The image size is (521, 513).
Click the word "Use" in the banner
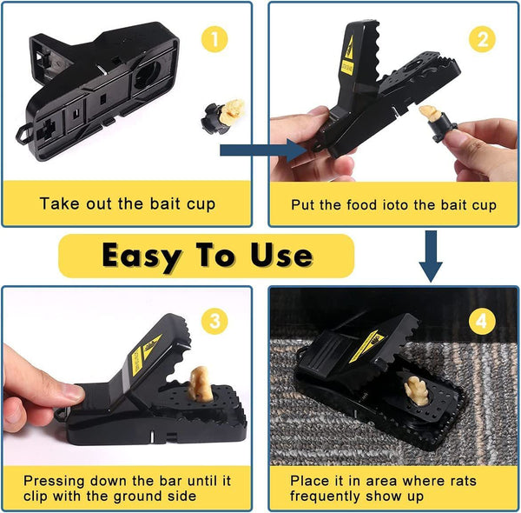[x=279, y=256]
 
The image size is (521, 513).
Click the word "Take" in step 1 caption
[x=57, y=205]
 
